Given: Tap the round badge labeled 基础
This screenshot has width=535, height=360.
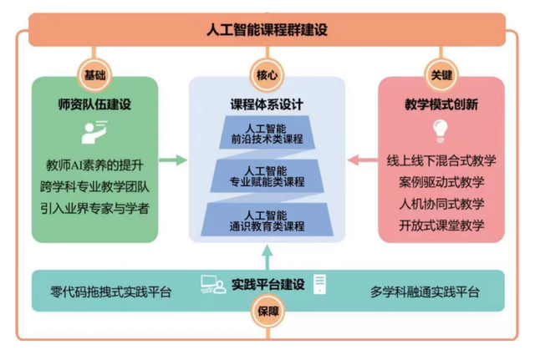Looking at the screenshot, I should point(94,74).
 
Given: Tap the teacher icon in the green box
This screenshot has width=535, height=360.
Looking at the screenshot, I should point(93,131).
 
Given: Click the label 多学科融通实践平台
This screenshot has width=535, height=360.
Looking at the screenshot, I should point(425,292).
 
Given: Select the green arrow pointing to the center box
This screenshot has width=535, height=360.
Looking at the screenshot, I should point(172,159).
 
